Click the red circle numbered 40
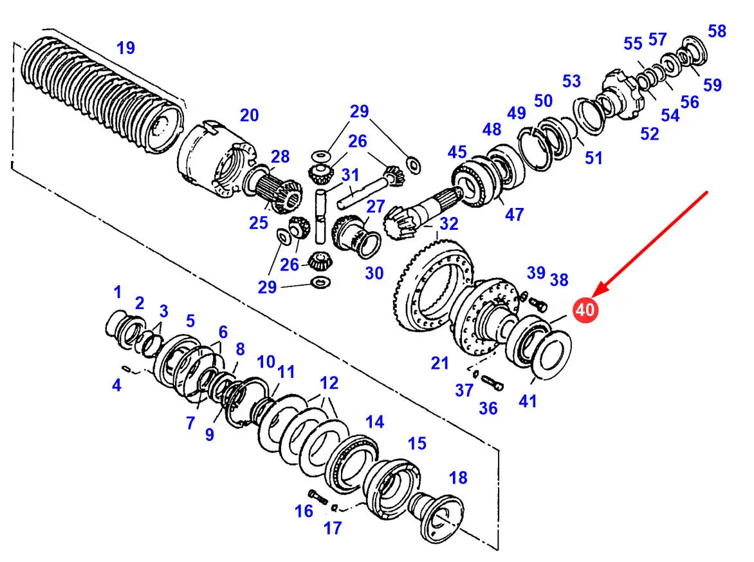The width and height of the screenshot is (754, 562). point(585,310)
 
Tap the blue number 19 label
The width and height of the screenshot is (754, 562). point(125,47)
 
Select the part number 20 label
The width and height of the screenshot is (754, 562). point(249,115)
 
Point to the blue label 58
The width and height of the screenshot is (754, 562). point(717,30)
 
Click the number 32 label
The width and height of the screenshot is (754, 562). point(448,223)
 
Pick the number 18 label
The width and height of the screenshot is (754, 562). point(457,478)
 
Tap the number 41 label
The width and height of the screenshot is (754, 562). point(528,402)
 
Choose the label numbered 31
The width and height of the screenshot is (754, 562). point(350,174)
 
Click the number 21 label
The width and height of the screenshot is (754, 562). point(439,364)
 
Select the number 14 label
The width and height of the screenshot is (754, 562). point(374,422)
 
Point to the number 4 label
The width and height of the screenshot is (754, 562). point(116,386)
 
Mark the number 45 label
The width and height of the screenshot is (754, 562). point(457,152)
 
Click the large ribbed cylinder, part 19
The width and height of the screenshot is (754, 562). point(103,97)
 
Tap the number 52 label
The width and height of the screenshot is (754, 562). point(650,133)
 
